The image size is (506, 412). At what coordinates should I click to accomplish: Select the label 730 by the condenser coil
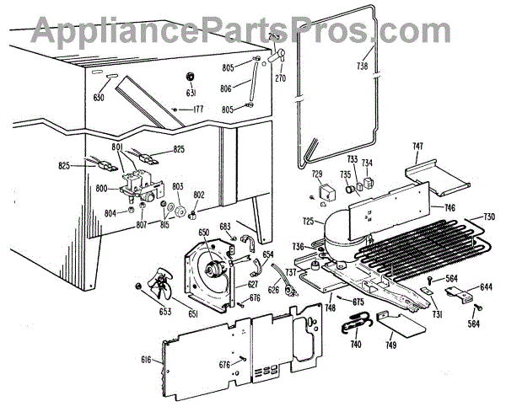coord(487,217)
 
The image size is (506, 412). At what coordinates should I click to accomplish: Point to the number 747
coord(417,147)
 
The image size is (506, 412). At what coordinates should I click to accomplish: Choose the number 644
coord(486,287)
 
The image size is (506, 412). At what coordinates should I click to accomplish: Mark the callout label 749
coord(390,345)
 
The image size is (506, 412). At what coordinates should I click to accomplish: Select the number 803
coord(178,186)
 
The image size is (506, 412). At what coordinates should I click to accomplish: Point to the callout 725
coord(309,222)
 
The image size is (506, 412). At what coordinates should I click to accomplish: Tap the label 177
coord(198,110)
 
